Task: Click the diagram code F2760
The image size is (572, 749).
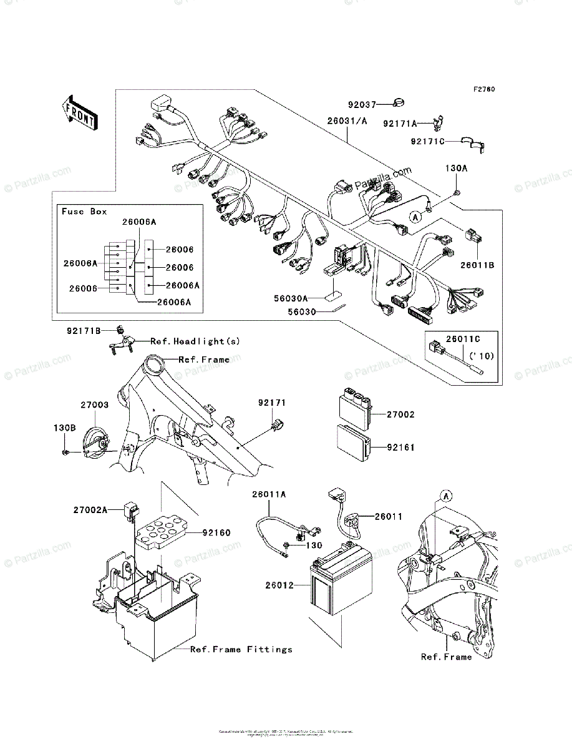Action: [x=483, y=89]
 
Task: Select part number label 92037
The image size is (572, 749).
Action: [x=362, y=105]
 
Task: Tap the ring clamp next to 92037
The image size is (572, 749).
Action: [x=402, y=104]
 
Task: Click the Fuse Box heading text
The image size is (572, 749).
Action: [x=84, y=212]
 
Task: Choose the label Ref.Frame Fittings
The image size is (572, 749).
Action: [x=241, y=649]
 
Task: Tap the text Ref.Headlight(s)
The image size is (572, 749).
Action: [x=195, y=341]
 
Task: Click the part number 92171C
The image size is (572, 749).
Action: [x=428, y=142]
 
